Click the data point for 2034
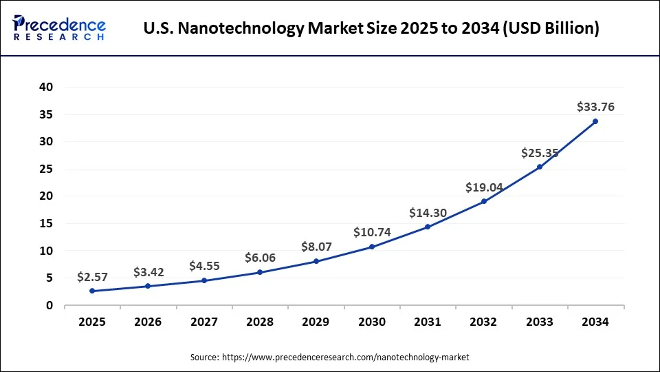pyautogui.click(x=595, y=121)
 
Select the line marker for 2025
pyautogui.click(x=92, y=291)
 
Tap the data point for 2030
pyautogui.click(x=372, y=247)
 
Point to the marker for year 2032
pyautogui.click(x=484, y=201)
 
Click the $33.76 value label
pyautogui.click(x=595, y=107)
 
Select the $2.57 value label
pyautogui.click(x=92, y=277)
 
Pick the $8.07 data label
pyautogui.click(x=316, y=247)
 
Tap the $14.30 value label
pyautogui.click(x=428, y=213)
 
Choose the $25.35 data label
pyautogui.click(x=540, y=153)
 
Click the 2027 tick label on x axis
pyautogui.click(x=204, y=322)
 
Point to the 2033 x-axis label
pyautogui.click(x=540, y=322)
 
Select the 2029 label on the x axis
pyautogui.click(x=316, y=322)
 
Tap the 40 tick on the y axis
pyautogui.click(x=46, y=87)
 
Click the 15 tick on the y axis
pyautogui.click(x=46, y=224)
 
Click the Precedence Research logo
pyautogui.click(x=59, y=28)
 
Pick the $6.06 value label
pyautogui.click(x=260, y=258)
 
